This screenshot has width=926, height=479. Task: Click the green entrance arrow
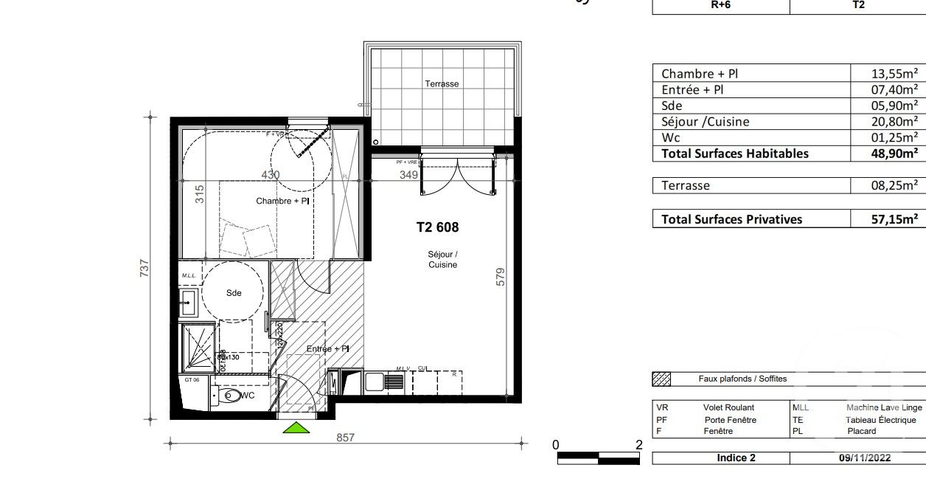coord(296,427)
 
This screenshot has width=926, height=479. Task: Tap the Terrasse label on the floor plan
coord(442,83)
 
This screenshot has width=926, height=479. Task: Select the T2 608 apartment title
coord(437,227)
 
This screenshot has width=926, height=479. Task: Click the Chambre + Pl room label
coord(282,201)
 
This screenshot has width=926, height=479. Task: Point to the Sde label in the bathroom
coord(234,292)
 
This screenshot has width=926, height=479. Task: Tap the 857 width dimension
coord(346,437)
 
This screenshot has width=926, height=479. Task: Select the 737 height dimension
coord(145,266)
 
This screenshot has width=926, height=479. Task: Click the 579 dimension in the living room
coord(501,278)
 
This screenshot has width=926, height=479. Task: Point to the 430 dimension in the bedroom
coord(271,175)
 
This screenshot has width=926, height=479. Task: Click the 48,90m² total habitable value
coord(894,154)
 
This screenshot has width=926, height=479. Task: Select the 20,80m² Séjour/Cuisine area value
coord(894,122)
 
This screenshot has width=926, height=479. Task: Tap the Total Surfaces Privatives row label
coord(731,219)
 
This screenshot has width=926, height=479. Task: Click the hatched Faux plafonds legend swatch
coord(661,379)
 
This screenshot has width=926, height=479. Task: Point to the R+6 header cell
coord(720,4)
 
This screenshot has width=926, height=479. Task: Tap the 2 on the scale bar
coord(638,444)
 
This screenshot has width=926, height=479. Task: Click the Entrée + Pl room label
coord(328,348)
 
